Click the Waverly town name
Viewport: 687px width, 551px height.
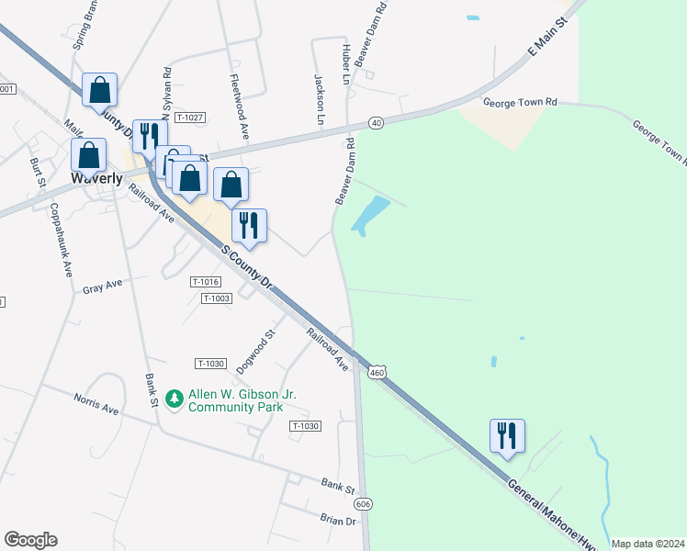point(96,178)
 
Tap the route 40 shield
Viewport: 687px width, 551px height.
point(376,122)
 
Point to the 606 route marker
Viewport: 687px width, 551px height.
point(363,504)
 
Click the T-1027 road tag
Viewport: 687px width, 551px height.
point(189,118)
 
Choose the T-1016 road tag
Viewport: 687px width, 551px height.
point(206,282)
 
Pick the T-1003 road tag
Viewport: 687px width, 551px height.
point(217,298)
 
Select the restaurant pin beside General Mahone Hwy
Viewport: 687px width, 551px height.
point(507,436)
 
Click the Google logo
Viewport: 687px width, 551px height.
point(30,540)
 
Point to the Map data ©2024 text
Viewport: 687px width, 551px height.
point(648,544)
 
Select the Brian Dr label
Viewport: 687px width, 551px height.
point(337,520)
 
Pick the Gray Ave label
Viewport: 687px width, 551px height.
point(102,286)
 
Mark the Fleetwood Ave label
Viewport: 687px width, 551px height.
point(240,107)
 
